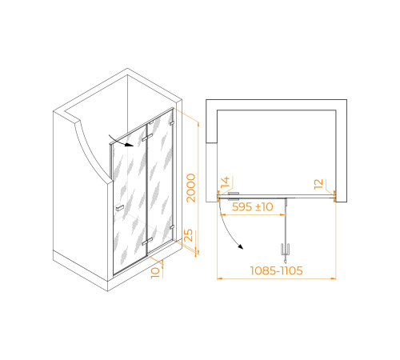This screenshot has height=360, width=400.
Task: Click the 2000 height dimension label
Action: tap(191, 188)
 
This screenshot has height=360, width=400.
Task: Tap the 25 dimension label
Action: tap(188, 235)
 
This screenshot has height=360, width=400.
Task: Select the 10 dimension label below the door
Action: tap(155, 273)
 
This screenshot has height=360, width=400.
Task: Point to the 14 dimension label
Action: tap(225, 182)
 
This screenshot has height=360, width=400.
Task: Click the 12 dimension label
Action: tap(318, 184)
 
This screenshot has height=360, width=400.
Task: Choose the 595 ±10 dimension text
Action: tap(252, 206)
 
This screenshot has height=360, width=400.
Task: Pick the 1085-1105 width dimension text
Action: tap(276, 270)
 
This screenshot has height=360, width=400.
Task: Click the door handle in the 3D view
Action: tap(120, 207)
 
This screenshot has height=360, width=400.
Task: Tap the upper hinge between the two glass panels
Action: tap(147, 138)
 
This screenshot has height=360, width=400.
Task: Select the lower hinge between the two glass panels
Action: tap(147, 242)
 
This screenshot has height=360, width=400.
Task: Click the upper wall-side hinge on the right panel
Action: tap(172, 123)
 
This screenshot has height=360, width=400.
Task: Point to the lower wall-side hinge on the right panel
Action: tap(172, 227)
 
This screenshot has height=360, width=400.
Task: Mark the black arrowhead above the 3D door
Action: tap(130, 145)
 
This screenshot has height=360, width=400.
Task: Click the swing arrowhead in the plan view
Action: tap(241, 246)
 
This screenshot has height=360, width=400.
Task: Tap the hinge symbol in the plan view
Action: tap(234, 196)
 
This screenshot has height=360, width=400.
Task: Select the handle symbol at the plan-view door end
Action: tap(285, 250)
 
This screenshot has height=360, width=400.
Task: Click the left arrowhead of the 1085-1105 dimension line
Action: tap(220, 278)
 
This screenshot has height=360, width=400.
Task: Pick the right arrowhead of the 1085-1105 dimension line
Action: tap(333, 278)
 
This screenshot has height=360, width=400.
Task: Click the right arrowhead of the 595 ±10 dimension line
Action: tap(282, 214)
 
